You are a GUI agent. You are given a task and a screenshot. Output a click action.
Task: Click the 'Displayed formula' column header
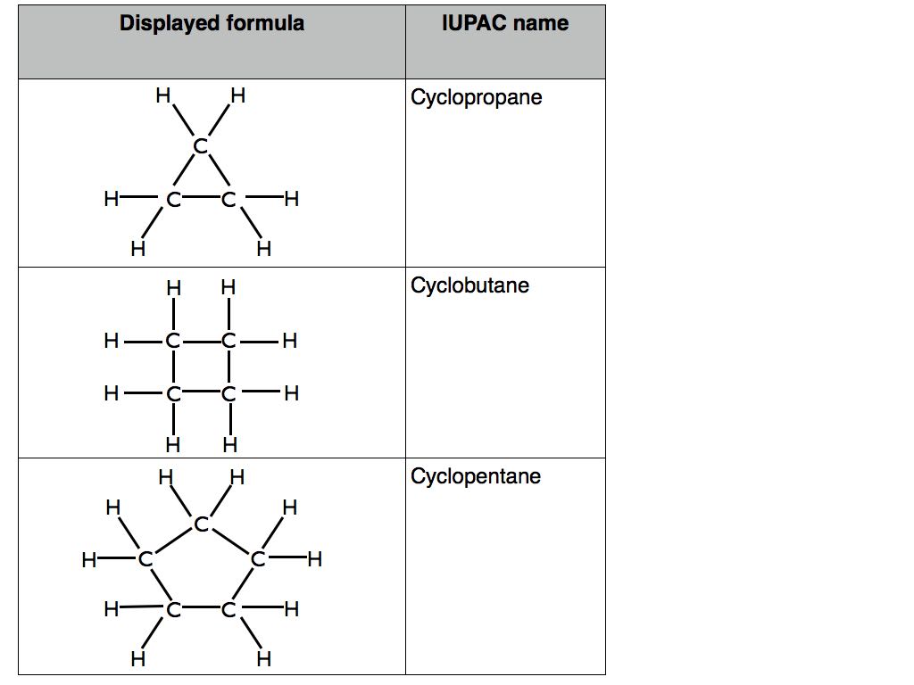point(212,23)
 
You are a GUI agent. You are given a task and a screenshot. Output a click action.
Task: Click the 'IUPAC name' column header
point(505,23)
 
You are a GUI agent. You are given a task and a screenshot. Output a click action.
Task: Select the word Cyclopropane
point(477,97)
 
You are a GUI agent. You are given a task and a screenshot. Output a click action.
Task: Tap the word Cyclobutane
point(469,285)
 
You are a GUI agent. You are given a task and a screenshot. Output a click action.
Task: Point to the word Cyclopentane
point(476,476)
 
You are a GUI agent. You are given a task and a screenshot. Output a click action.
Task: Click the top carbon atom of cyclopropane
point(201,145)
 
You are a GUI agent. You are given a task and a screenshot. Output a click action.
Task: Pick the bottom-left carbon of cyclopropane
point(173,200)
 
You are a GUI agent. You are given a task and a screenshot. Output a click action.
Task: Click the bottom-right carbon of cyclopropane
point(228,200)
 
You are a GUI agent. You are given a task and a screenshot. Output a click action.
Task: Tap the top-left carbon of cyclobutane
point(173,341)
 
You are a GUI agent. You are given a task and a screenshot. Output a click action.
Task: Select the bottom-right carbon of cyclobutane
point(228,393)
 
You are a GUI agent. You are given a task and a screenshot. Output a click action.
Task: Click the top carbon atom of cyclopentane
point(201,524)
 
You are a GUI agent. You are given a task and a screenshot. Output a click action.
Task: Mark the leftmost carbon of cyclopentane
point(145,559)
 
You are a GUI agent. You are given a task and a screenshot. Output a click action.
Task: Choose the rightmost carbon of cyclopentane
point(258,559)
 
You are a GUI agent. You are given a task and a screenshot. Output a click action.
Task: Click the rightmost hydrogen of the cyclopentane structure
point(315,559)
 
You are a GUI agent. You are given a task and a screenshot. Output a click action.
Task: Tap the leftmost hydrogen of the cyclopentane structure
point(89,560)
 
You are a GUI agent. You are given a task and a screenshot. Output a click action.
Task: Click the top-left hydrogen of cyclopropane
point(163,95)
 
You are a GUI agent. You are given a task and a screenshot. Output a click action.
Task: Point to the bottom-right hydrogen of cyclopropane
point(264,249)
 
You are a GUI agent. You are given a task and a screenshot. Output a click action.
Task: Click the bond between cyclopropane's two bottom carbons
point(201,199)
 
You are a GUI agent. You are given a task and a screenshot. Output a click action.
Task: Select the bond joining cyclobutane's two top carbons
point(201,341)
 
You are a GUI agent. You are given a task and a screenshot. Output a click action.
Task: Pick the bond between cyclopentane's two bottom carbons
point(201,609)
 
